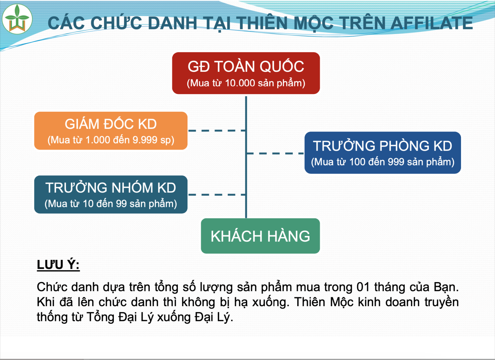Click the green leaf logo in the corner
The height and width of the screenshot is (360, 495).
[17, 19]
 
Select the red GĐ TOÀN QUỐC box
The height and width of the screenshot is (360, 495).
[246, 73]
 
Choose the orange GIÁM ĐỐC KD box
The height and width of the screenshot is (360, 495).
[111, 131]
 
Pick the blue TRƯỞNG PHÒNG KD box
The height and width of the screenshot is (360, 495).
[382, 152]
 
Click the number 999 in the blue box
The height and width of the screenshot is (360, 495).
[397, 162]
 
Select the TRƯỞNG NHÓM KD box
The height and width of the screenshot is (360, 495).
[111, 194]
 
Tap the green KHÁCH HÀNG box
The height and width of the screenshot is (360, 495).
[260, 236]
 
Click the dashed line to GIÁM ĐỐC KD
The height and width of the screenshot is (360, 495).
[217, 131]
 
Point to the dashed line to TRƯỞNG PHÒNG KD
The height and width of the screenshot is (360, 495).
[275, 153]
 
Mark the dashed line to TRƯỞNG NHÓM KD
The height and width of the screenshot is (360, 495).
[217, 195]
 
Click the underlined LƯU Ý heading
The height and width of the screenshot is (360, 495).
[58, 265]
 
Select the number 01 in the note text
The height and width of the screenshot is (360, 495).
[363, 287]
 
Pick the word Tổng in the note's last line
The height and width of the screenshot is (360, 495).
[100, 317]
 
